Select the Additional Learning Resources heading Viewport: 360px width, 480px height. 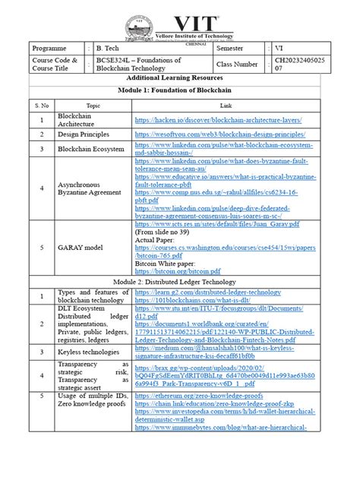[179, 80]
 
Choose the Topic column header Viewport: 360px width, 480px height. [93, 106]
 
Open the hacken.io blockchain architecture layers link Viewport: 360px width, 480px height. [219, 120]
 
